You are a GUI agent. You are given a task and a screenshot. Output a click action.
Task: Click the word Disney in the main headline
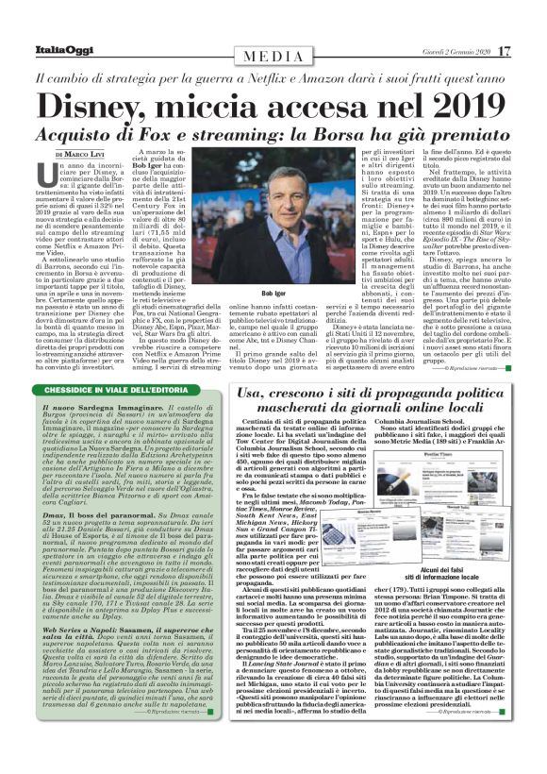coord(104,103)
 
